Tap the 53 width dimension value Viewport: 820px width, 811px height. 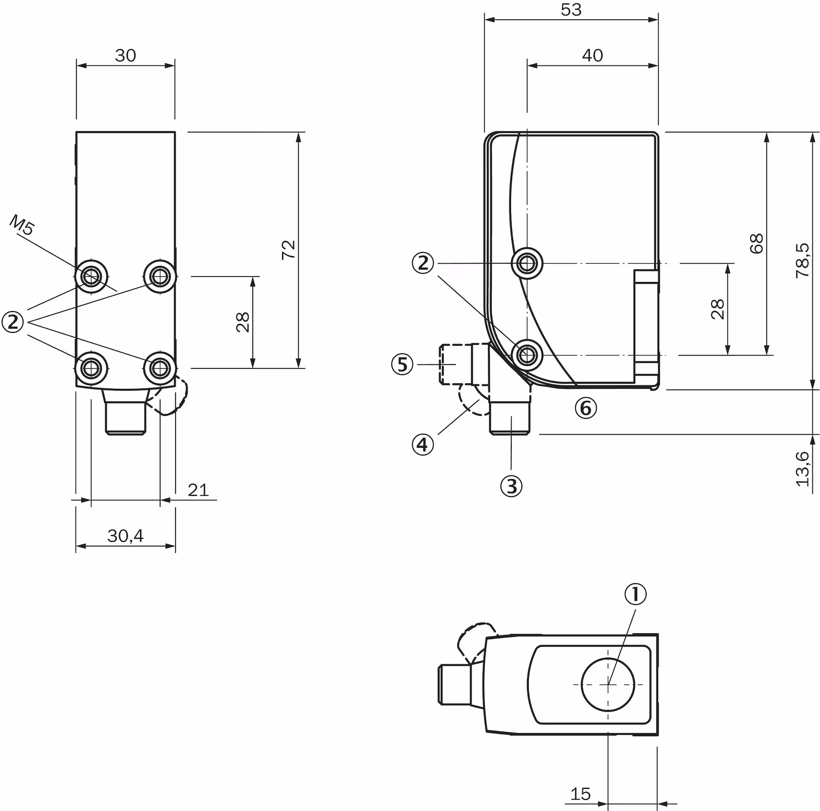pos(571,9)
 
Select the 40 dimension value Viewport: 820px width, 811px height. pos(592,55)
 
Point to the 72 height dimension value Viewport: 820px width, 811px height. pos(289,250)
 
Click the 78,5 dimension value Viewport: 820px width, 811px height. pos(802,261)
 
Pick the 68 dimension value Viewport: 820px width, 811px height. pos(756,244)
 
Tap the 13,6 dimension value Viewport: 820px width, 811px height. pos(802,468)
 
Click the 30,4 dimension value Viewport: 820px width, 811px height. pos(125,535)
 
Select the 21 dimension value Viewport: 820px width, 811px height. pos(198,490)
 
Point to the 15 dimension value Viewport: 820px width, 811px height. pos(580,794)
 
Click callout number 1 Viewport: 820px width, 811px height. pos(635,594)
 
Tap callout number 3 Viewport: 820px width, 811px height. pos(511,486)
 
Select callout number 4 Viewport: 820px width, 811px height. pos(422,445)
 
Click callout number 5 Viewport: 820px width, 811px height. pos(402,364)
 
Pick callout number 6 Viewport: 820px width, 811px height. pos(586,408)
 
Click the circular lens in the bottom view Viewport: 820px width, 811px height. pos(608,685)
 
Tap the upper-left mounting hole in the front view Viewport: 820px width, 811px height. pos(91,276)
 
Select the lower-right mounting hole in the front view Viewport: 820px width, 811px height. pos(160,367)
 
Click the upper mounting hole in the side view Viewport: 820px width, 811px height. pos(527,264)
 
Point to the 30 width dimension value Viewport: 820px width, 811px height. pos(125,55)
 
